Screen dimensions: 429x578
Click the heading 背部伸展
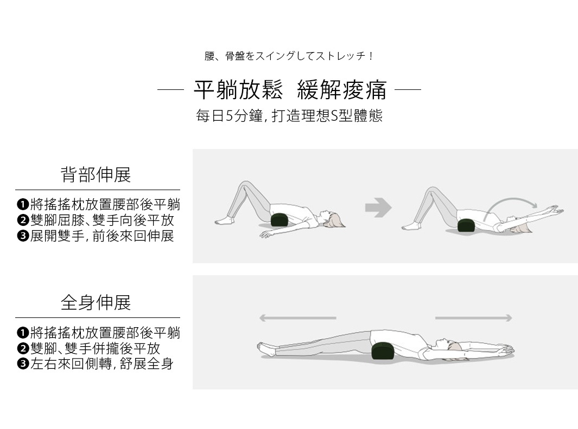coord(96,174)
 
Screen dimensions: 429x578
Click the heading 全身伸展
coord(96,302)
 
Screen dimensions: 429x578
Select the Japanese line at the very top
coord(289,56)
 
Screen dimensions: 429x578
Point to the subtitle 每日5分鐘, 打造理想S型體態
coord(289,116)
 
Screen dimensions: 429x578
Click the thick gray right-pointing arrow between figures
coord(378,207)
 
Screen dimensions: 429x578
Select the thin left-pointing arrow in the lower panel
coord(297,318)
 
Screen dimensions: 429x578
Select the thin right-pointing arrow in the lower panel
coord(473,318)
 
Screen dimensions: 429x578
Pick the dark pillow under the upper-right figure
coord(467,225)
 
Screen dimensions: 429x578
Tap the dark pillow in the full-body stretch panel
coord(384,350)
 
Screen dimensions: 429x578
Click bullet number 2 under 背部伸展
coord(22,220)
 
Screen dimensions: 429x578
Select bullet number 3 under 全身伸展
coord(22,364)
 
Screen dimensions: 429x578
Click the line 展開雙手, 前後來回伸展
coord(102,236)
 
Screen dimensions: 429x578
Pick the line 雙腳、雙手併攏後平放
coord(96,348)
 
